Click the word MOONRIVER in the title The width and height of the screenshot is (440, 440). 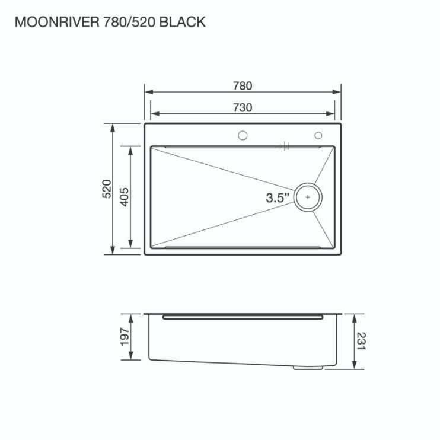click(x=58, y=22)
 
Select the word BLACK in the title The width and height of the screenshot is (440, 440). click(x=183, y=22)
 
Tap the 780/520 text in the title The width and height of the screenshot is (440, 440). click(x=130, y=22)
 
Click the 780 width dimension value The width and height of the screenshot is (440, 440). click(x=243, y=86)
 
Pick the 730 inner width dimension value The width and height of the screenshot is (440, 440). click(x=243, y=108)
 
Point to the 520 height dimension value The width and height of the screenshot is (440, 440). click(x=107, y=189)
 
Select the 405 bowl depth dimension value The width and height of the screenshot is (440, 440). click(x=125, y=197)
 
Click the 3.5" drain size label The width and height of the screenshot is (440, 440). click(x=278, y=197)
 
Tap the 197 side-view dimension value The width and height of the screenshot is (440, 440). click(x=125, y=337)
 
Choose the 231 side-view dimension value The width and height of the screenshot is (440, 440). click(x=362, y=341)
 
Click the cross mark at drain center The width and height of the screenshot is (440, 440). click(x=308, y=197)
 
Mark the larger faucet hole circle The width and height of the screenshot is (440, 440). click(x=243, y=136)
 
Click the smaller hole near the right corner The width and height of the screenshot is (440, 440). click(x=318, y=136)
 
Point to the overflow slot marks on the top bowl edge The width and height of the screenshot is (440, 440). click(x=285, y=146)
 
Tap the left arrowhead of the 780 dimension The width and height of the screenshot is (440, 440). click(x=149, y=92)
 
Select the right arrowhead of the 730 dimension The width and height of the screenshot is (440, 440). click(x=330, y=114)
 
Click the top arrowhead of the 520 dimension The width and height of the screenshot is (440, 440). click(x=113, y=128)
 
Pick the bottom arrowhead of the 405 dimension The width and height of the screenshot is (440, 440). click(x=130, y=244)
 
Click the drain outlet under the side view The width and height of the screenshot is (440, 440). click(x=308, y=367)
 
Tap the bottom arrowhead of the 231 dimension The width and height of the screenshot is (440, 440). click(x=354, y=365)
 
